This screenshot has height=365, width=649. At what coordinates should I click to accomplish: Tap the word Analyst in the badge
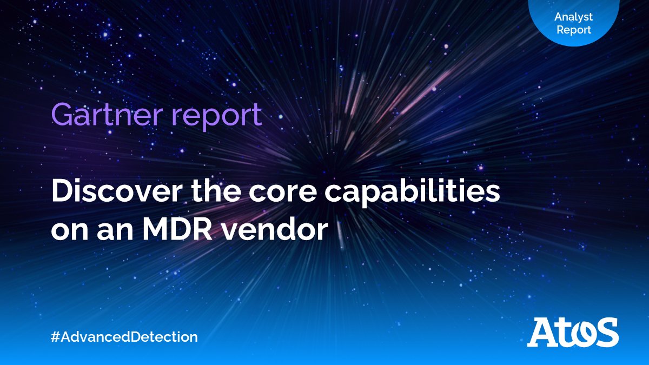573,17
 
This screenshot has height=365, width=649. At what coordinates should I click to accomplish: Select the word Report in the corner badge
574,30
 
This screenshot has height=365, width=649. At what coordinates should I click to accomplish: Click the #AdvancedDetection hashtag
124,337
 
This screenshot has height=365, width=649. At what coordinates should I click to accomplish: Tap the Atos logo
573,332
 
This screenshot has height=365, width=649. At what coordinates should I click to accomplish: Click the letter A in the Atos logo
542,332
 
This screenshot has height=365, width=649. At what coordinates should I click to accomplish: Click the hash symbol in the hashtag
55,337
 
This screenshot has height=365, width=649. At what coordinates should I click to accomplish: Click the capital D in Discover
62,193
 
